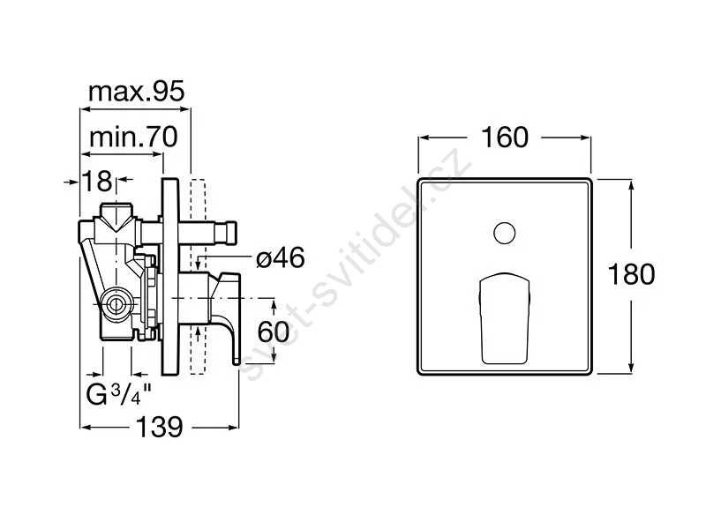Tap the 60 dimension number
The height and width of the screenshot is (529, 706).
274,332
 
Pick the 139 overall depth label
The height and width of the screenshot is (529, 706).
160,428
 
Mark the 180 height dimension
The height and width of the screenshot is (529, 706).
632,274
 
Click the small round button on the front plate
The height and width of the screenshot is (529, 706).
503,234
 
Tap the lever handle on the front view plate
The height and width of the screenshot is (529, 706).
504,317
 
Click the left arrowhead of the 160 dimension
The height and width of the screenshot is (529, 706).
422,138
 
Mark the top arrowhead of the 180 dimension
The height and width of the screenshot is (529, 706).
631,183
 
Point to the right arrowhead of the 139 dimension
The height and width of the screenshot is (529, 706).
236,428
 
